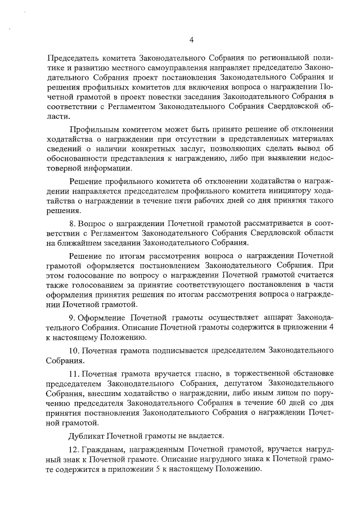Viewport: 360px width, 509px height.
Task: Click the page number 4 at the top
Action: [x=191, y=39]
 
